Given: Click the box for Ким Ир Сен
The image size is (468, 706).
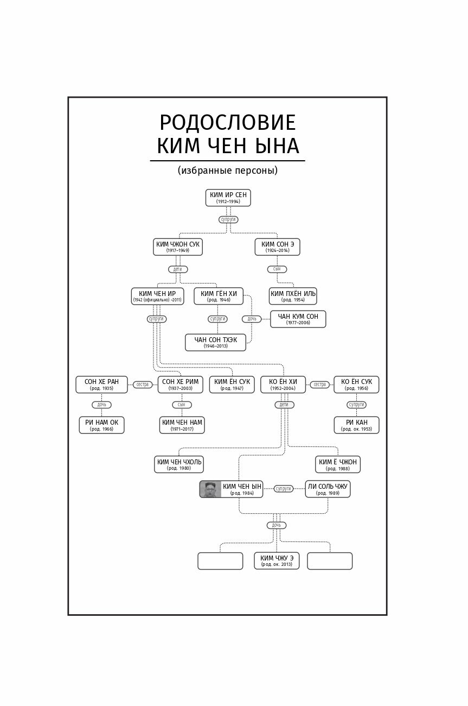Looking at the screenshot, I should pos(228,198).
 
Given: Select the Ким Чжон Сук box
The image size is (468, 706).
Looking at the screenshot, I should pos(178,247).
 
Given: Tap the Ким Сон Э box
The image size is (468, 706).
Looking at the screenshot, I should pos(277,247).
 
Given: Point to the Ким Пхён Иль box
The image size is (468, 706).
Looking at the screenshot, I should pos(293,296).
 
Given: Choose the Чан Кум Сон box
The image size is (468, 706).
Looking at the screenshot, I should pos(298,319).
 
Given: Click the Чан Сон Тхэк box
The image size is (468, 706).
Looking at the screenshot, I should pos(215,342).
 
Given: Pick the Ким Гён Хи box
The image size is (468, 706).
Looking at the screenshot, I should pos(219,296).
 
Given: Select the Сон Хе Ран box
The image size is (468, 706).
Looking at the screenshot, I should pos(101,384).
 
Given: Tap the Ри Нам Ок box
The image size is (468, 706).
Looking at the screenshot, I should pos(101,425).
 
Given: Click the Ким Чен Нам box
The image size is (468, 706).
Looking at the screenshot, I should pos(182,425).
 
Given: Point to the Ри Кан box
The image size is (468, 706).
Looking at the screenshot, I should pos(356,425).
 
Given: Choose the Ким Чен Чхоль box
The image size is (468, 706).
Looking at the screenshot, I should pos(179,464).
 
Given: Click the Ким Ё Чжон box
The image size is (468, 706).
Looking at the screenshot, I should pos(337,464).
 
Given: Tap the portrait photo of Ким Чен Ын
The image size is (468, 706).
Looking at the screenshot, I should pos(210,489).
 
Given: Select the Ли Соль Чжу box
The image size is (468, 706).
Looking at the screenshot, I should pos(328,489).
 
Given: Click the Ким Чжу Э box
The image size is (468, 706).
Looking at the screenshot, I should pos(277,560).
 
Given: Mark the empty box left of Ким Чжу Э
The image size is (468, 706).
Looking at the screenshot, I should pos(220,560).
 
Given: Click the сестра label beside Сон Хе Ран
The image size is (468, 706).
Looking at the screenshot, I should pos(143,384).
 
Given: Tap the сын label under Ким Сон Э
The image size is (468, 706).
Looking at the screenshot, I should pos(277,269).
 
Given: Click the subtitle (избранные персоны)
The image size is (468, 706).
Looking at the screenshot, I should pos(227,171).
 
